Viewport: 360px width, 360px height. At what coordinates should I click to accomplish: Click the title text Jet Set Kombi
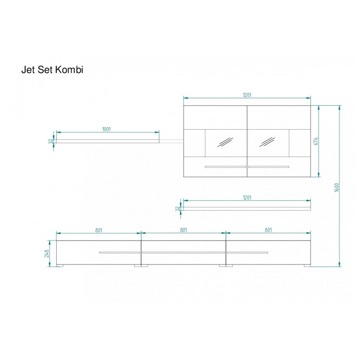52,70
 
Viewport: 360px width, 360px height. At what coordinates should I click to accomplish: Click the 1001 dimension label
106,129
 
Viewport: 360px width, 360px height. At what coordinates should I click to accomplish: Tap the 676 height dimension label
316,141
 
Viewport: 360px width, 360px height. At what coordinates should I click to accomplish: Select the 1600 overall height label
337,187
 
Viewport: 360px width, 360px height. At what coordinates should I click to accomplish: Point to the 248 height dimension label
47,253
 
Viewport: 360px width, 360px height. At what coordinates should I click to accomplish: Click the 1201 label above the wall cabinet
247,95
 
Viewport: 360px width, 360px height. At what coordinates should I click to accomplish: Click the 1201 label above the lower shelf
247,197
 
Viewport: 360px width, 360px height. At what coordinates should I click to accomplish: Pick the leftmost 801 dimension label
99,230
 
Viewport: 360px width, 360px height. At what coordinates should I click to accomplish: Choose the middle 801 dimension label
184,230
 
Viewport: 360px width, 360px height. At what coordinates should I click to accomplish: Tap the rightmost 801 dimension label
268,230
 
